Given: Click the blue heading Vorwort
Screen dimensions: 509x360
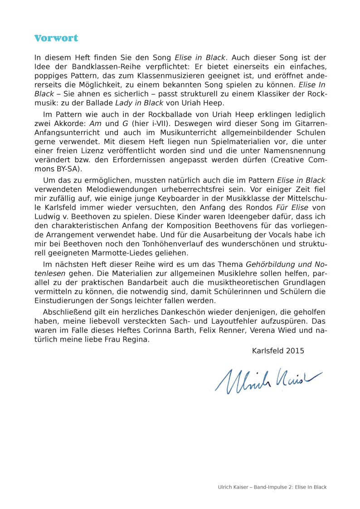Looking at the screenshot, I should click(x=56, y=38).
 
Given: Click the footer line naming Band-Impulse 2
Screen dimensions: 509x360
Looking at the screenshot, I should click(x=272, y=487).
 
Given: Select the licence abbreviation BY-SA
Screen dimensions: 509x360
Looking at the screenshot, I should click(x=67, y=169).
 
